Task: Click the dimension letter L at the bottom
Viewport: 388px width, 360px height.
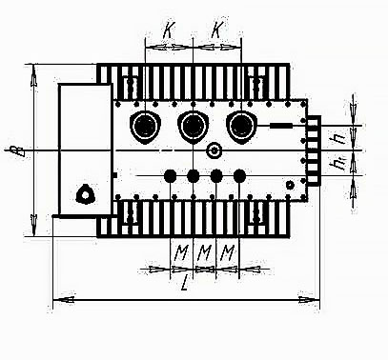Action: (183, 282)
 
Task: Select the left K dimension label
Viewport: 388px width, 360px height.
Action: (169, 30)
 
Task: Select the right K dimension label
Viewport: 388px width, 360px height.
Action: (217, 30)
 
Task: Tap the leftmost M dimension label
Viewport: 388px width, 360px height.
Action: (180, 252)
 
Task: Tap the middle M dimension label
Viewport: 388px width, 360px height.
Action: (204, 252)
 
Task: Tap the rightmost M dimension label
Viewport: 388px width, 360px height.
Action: (227, 252)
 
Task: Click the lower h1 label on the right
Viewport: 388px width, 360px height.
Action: (338, 165)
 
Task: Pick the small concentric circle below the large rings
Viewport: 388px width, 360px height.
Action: (214, 150)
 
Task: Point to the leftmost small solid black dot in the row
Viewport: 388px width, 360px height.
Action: (171, 175)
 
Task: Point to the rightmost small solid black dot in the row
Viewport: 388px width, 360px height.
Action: (239, 175)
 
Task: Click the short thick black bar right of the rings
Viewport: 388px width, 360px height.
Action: (282, 125)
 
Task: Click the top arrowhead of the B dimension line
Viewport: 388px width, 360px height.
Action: (33, 70)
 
